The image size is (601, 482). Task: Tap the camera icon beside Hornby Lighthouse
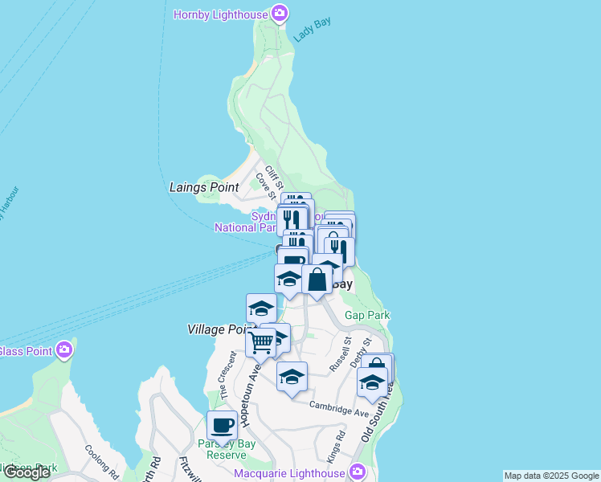click(280, 13)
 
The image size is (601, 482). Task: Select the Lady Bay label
click(312, 31)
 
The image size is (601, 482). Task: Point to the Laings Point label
click(204, 187)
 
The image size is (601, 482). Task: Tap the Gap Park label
click(367, 316)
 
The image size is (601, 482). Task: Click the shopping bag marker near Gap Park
click(317, 280)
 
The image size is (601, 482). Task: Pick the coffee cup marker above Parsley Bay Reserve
click(222, 425)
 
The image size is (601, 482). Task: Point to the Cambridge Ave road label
click(340, 407)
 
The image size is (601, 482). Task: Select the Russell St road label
click(340, 354)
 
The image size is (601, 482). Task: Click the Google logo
click(26, 472)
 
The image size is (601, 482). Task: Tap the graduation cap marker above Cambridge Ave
click(292, 376)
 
